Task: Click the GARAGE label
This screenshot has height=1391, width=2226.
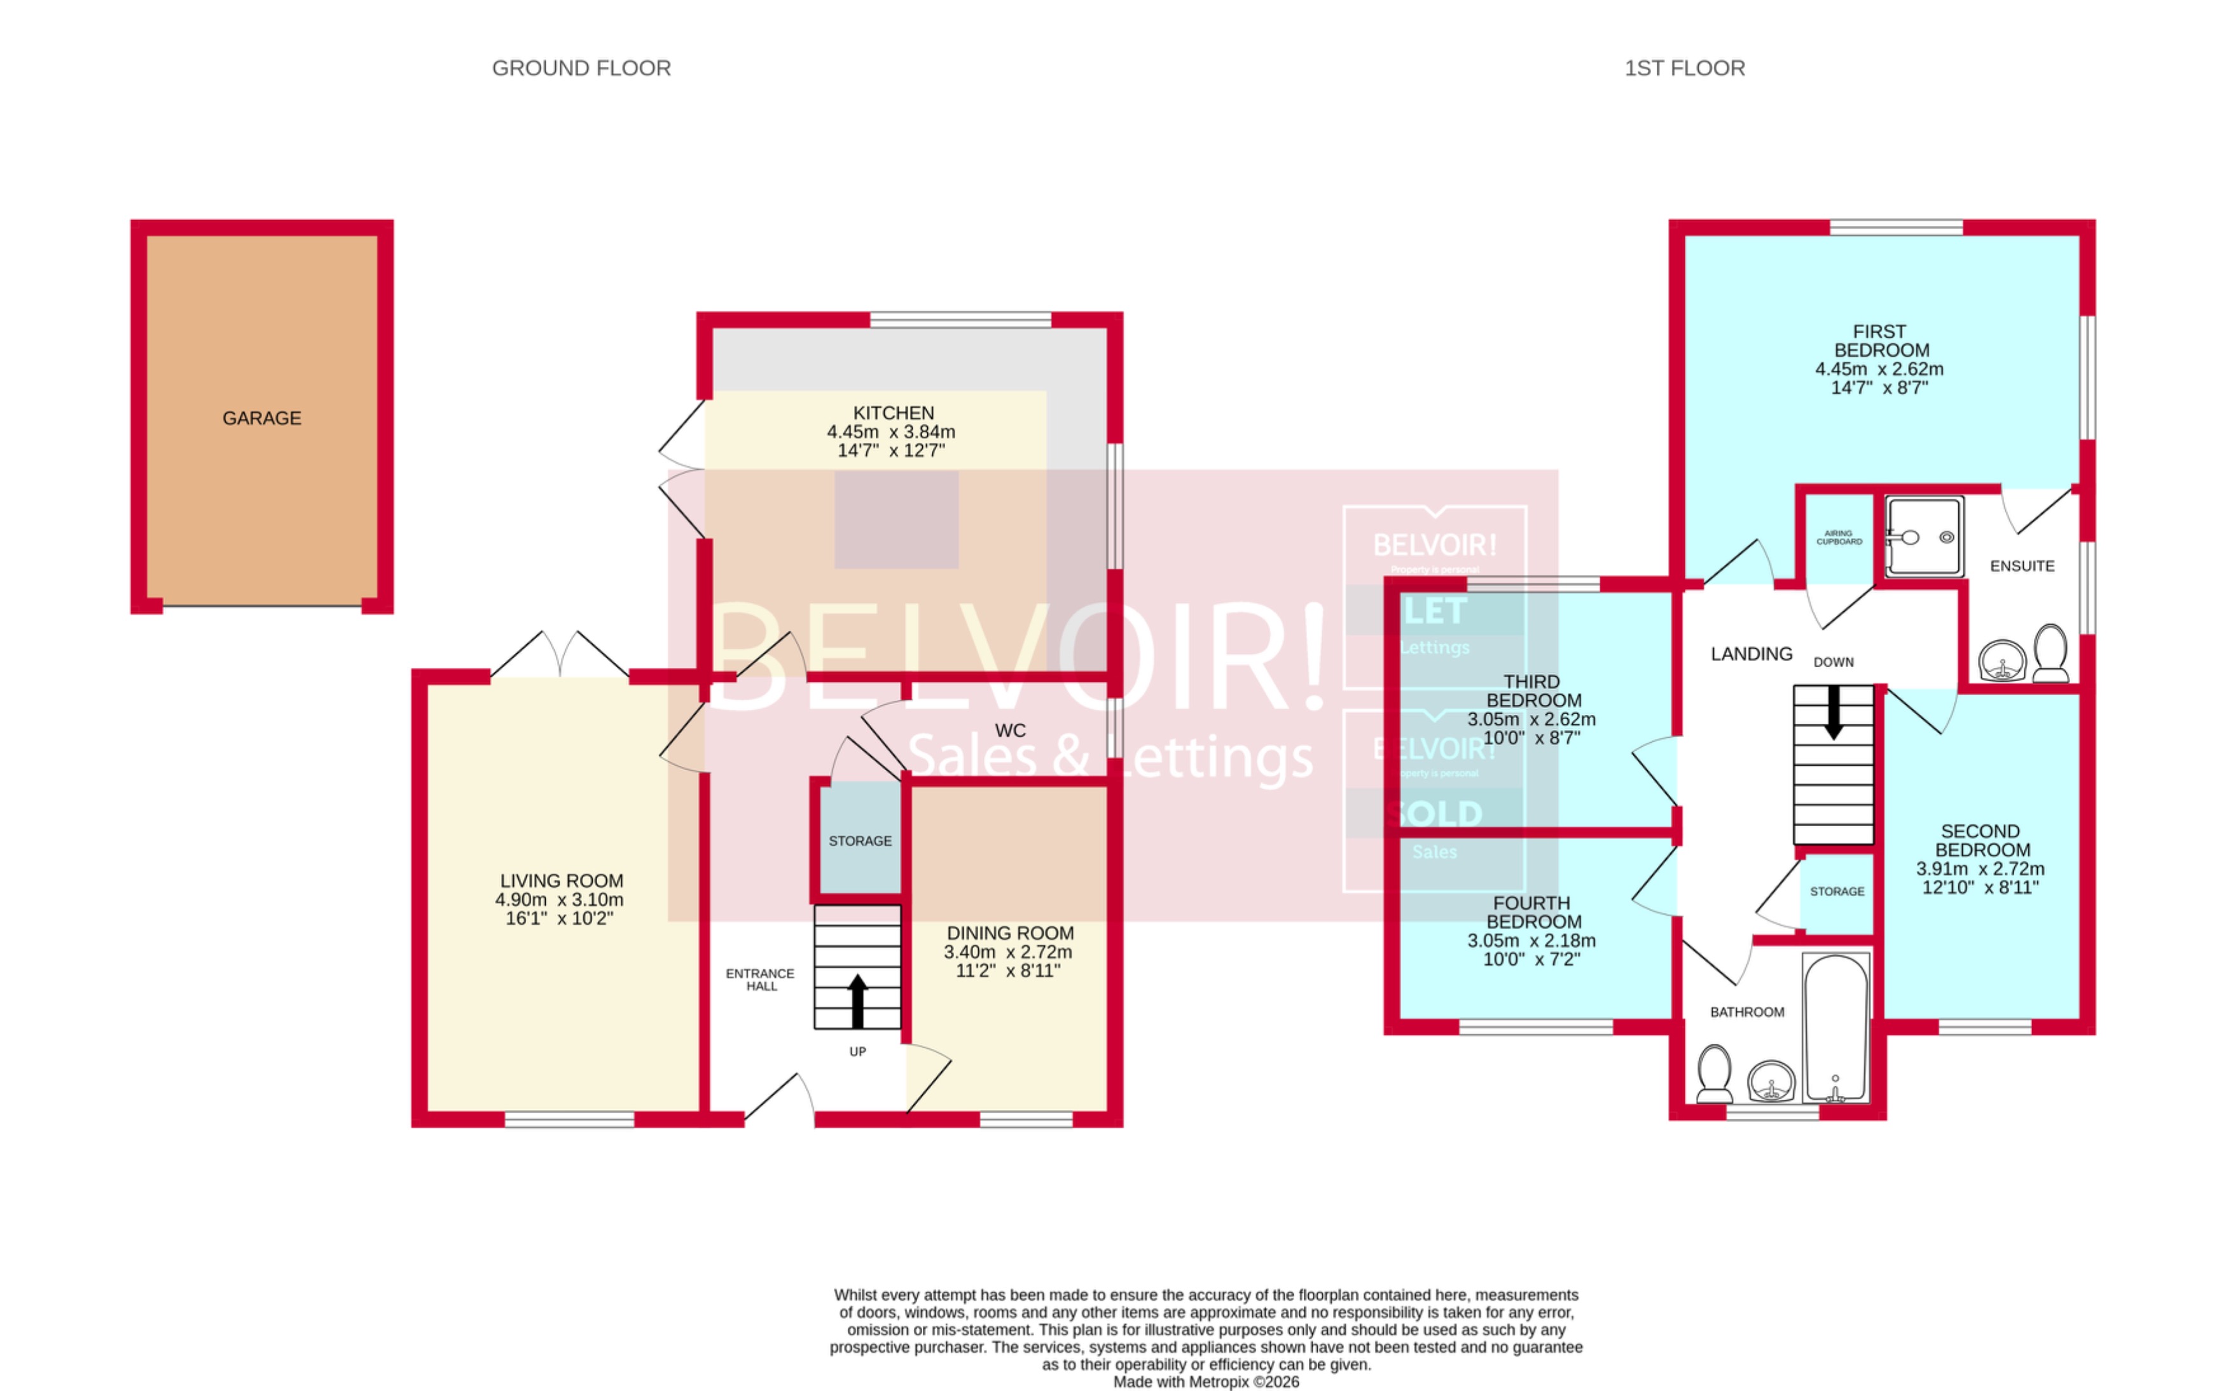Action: pyautogui.click(x=261, y=419)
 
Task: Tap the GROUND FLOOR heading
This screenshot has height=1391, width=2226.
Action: pyautogui.click(x=581, y=68)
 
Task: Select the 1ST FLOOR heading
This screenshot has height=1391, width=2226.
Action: pyautogui.click(x=1684, y=68)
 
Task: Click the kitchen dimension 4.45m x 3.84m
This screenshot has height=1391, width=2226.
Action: pyautogui.click(x=890, y=431)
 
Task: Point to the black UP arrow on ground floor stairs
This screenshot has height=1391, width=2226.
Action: pyautogui.click(x=857, y=1001)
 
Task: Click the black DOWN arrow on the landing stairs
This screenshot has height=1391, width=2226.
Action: pyautogui.click(x=1833, y=712)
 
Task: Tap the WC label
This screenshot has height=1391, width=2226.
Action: pyautogui.click(x=1010, y=730)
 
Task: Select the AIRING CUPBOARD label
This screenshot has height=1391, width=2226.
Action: pyautogui.click(x=1839, y=537)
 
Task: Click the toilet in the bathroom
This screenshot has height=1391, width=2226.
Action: pyautogui.click(x=1713, y=1074)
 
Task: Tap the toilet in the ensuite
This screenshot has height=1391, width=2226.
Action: pyautogui.click(x=2050, y=653)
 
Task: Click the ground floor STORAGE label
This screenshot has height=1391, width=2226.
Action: pyautogui.click(x=860, y=841)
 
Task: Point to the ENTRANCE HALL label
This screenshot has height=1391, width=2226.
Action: pyautogui.click(x=760, y=979)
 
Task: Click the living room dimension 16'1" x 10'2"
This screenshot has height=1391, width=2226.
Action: pyautogui.click(x=559, y=918)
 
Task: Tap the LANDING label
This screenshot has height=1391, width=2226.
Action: pyautogui.click(x=1752, y=654)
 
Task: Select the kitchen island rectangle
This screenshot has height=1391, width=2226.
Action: pyautogui.click(x=897, y=520)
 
